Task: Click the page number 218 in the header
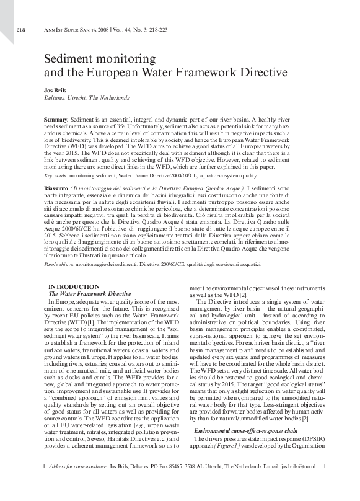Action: (x=20, y=30)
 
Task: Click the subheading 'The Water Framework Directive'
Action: (x=90, y=293)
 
